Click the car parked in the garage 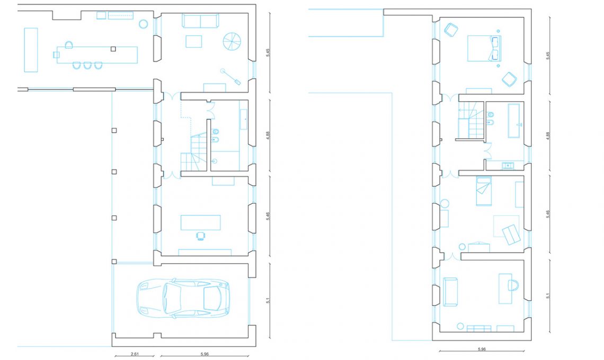(x=183, y=298)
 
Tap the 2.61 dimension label (x=135, y=354)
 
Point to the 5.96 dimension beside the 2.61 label (x=205, y=354)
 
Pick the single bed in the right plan (x=484, y=191)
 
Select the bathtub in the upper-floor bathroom (x=516, y=120)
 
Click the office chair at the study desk (x=200, y=236)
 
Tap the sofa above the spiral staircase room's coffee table (x=200, y=21)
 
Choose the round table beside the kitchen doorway (x=143, y=24)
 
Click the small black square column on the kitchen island (x=113, y=49)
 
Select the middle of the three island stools (x=87, y=66)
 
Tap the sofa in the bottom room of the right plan (x=450, y=292)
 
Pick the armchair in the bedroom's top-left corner (x=451, y=30)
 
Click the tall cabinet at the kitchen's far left (x=31, y=50)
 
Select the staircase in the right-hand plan (x=470, y=120)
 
